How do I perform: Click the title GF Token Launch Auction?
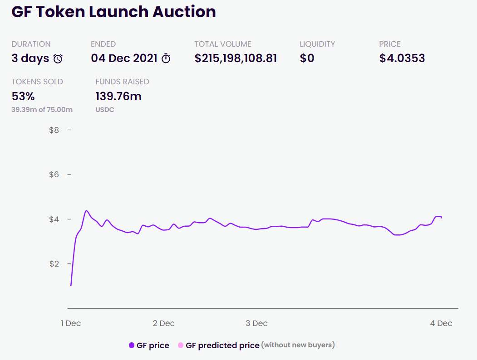[x=113, y=12]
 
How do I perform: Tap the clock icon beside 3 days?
[x=58, y=58]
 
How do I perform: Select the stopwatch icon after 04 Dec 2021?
[x=166, y=58]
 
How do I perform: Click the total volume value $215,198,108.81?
[x=236, y=58]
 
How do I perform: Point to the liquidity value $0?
[x=307, y=58]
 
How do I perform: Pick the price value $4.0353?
[x=402, y=58]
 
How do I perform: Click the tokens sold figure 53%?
[x=23, y=96]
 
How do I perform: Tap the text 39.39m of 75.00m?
[x=42, y=109]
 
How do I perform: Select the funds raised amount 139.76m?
[x=118, y=96]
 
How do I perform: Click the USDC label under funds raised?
[x=104, y=110]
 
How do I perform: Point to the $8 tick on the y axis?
[x=54, y=130]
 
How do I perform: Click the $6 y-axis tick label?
[x=54, y=175]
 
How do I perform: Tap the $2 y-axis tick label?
[x=54, y=264]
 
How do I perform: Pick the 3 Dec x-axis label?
[x=256, y=323]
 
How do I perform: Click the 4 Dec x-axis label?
[x=442, y=323]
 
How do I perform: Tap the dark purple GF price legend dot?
[x=132, y=345]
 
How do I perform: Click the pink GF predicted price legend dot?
[x=181, y=345]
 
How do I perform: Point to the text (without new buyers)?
[x=298, y=345]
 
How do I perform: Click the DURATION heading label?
[x=31, y=44]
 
